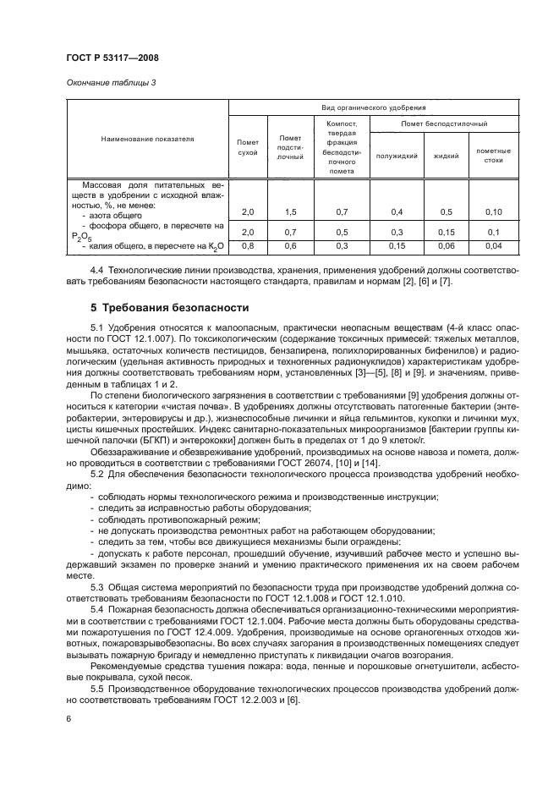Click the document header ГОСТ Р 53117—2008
(112, 58)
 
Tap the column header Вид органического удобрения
(372, 108)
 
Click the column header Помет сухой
(248, 147)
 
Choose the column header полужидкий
(397, 157)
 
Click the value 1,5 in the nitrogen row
(290, 211)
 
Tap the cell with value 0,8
(248, 246)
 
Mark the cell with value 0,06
(447, 246)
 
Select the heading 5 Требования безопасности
(162, 307)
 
